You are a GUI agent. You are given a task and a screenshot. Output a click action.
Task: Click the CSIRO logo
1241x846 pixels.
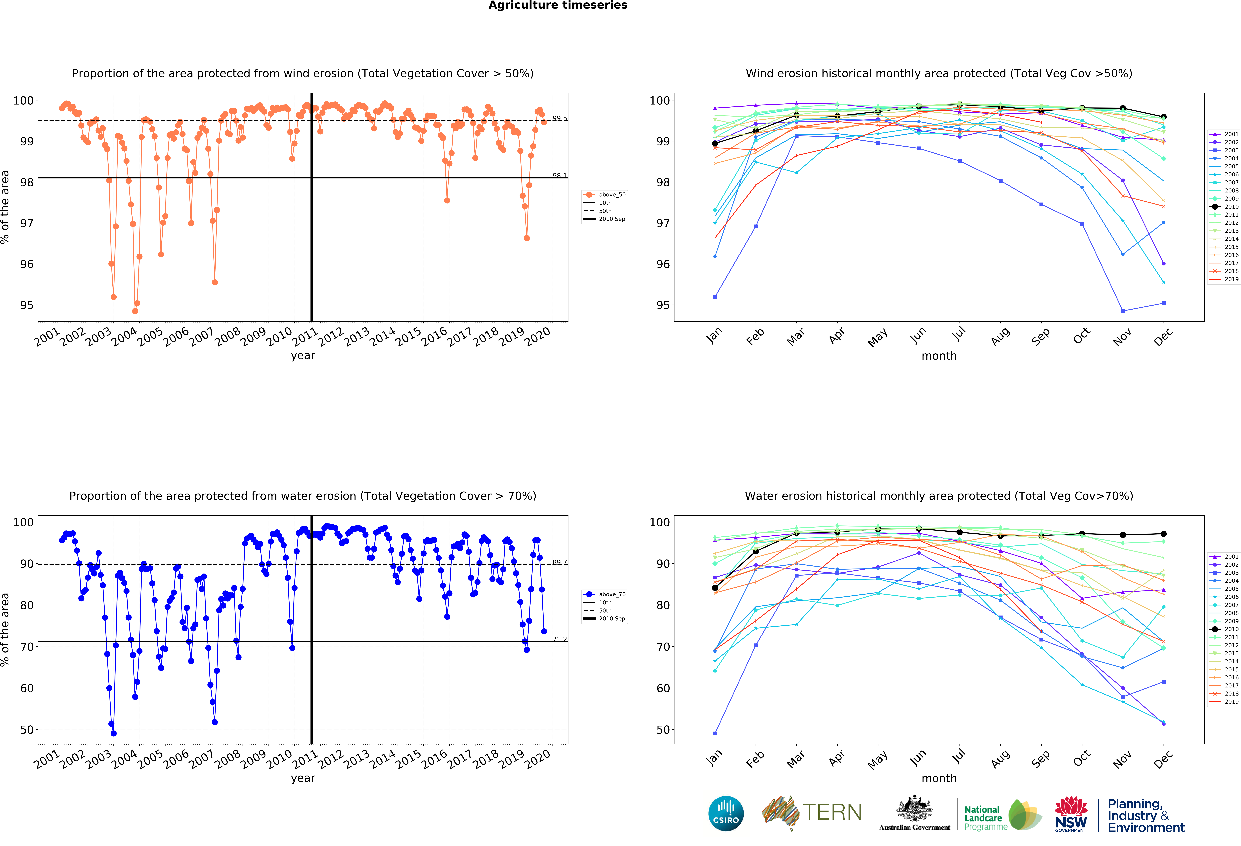point(726,813)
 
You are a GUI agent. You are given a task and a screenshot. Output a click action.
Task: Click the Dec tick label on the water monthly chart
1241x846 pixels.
point(1163,758)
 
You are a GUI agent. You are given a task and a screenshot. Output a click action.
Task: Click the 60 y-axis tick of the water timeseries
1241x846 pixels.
point(27,688)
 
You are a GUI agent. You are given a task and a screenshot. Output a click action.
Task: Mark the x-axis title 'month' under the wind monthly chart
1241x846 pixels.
point(939,356)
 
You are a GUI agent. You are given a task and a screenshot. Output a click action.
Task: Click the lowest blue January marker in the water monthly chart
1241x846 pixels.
point(715,733)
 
